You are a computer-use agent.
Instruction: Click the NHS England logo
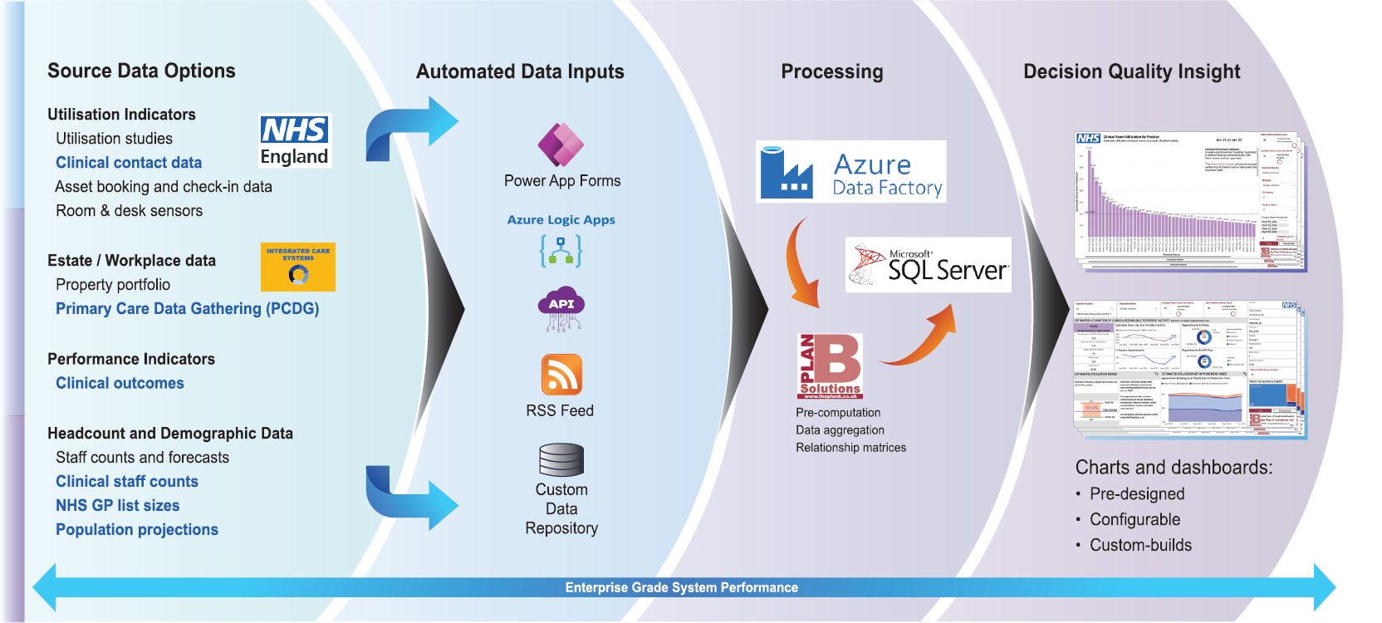click(x=295, y=141)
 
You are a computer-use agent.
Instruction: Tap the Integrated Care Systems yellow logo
click(x=298, y=267)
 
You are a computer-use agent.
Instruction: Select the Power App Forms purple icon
click(x=561, y=145)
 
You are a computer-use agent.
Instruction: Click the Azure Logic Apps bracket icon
click(x=561, y=251)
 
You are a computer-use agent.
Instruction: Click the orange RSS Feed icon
click(x=561, y=375)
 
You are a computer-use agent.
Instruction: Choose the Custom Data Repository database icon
click(x=561, y=459)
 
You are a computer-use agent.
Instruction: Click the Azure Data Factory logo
click(x=851, y=172)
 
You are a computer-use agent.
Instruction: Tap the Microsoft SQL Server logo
click(x=929, y=265)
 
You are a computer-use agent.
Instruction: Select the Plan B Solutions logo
click(x=830, y=366)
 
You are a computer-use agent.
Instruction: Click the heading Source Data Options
click(x=141, y=71)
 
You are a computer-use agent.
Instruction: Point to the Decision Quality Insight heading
click(x=1131, y=72)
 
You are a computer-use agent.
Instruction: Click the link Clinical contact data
click(x=129, y=163)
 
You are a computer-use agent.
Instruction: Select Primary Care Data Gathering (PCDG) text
click(x=187, y=309)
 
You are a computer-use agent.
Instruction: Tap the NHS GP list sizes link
click(x=117, y=506)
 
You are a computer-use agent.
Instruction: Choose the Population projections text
click(x=137, y=530)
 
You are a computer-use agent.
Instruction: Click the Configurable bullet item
click(x=1135, y=520)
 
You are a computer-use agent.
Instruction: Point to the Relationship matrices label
click(x=850, y=448)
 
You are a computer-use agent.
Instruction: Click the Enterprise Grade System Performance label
click(x=681, y=588)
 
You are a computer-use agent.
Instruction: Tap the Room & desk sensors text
click(x=129, y=211)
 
